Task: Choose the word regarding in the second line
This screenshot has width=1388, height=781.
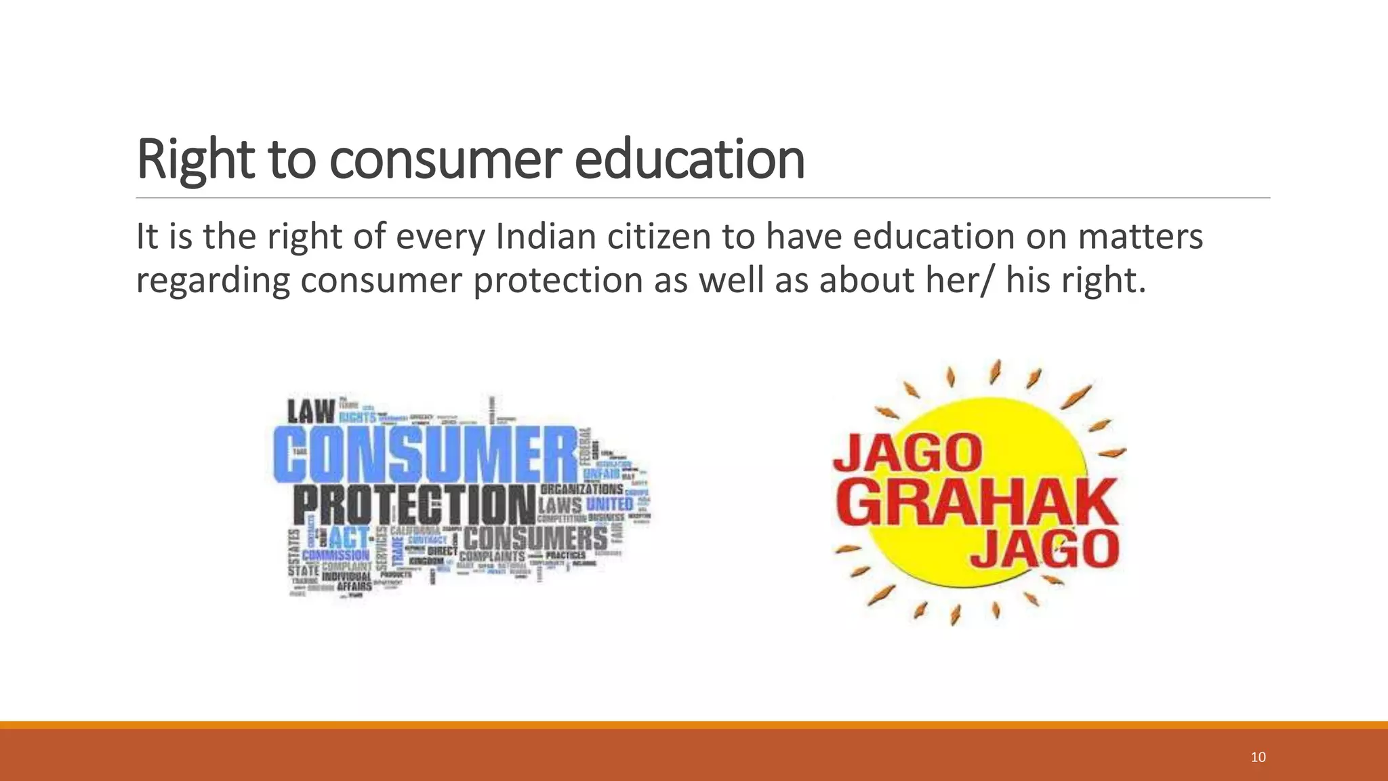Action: point(213,280)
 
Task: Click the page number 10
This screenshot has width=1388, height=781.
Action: point(1258,757)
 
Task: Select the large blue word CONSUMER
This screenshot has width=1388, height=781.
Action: point(426,454)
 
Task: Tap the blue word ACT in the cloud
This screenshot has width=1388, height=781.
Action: point(350,538)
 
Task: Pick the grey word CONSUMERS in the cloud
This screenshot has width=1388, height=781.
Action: point(535,538)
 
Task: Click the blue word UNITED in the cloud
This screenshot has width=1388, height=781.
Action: point(609,504)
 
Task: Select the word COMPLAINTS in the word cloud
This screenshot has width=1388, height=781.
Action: point(492,557)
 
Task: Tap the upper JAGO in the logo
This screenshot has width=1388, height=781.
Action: point(908,453)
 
